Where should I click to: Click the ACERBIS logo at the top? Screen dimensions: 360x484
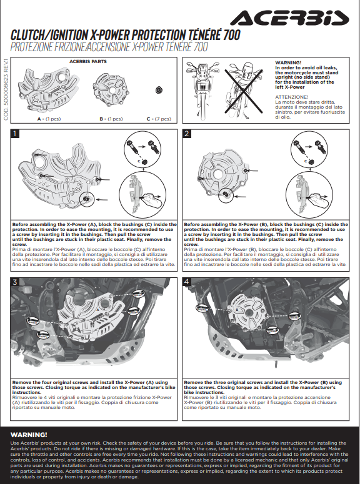[x=289, y=18]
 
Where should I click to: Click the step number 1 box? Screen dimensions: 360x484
[x=14, y=134]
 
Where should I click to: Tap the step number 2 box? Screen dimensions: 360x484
[x=187, y=134]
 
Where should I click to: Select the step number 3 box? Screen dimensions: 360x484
[x=14, y=282]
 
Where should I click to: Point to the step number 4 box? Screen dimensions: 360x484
[x=187, y=282]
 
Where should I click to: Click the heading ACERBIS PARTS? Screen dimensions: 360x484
[x=88, y=61]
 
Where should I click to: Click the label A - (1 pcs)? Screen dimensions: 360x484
[x=49, y=119]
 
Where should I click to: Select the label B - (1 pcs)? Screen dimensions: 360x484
[x=111, y=119]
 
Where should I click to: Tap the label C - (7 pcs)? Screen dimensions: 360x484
[x=159, y=119]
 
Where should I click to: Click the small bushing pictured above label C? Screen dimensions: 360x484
[x=159, y=90]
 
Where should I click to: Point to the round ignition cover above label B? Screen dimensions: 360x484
[x=111, y=91]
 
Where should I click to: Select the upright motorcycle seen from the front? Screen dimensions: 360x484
[x=202, y=89]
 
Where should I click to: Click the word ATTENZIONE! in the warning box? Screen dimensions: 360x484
[x=292, y=97]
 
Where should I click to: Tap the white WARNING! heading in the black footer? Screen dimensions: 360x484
[x=29, y=435]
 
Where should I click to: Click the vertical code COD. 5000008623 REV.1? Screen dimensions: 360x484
[x=6, y=89]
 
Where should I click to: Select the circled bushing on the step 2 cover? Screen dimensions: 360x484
[x=226, y=195]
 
